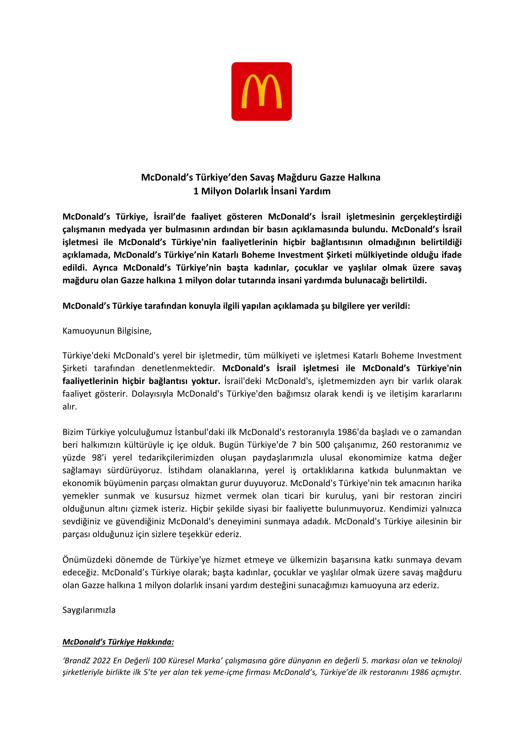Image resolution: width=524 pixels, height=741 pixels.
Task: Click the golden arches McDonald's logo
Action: (x=261, y=91)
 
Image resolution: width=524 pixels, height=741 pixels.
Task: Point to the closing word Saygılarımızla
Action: (x=89, y=610)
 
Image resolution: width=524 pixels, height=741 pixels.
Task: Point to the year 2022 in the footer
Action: (x=102, y=661)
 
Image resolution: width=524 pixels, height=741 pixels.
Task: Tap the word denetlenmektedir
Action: (x=178, y=368)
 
